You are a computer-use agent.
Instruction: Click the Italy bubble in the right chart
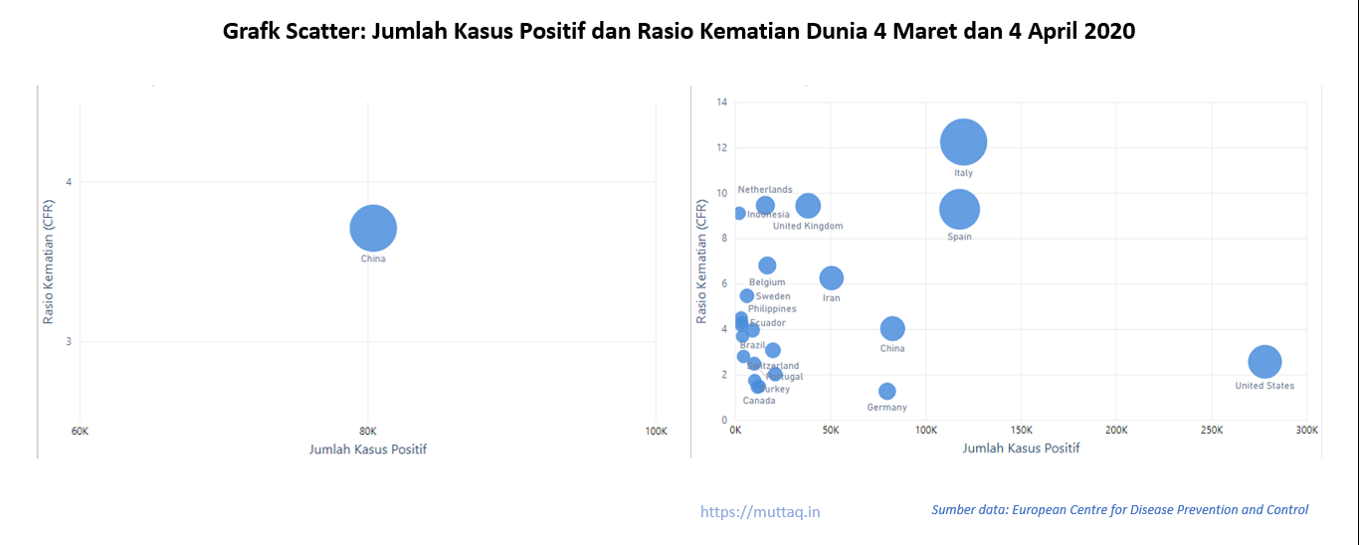coord(963,142)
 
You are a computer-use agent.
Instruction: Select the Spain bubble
coord(959,209)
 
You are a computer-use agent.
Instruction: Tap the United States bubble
coord(1264,361)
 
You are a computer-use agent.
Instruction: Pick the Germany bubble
coord(886,391)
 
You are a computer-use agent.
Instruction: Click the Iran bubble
coord(831,278)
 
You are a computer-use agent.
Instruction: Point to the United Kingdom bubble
coord(808,206)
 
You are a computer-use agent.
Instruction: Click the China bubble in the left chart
coord(373,228)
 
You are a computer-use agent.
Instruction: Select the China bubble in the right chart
coord(892,328)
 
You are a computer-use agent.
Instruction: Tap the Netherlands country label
coord(765,190)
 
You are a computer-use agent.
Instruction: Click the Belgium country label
coord(767,282)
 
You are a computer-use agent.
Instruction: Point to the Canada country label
coord(759,401)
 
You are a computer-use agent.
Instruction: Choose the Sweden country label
coord(773,296)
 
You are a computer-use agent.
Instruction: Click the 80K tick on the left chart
coord(368,432)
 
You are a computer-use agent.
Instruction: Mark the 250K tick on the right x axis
coord(1212,431)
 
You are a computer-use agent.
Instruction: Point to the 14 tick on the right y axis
coord(722,101)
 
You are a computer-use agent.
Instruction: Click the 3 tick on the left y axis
coord(69,342)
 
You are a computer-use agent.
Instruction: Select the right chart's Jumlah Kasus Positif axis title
coord(1021,449)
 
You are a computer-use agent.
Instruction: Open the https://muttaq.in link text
coord(760,512)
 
